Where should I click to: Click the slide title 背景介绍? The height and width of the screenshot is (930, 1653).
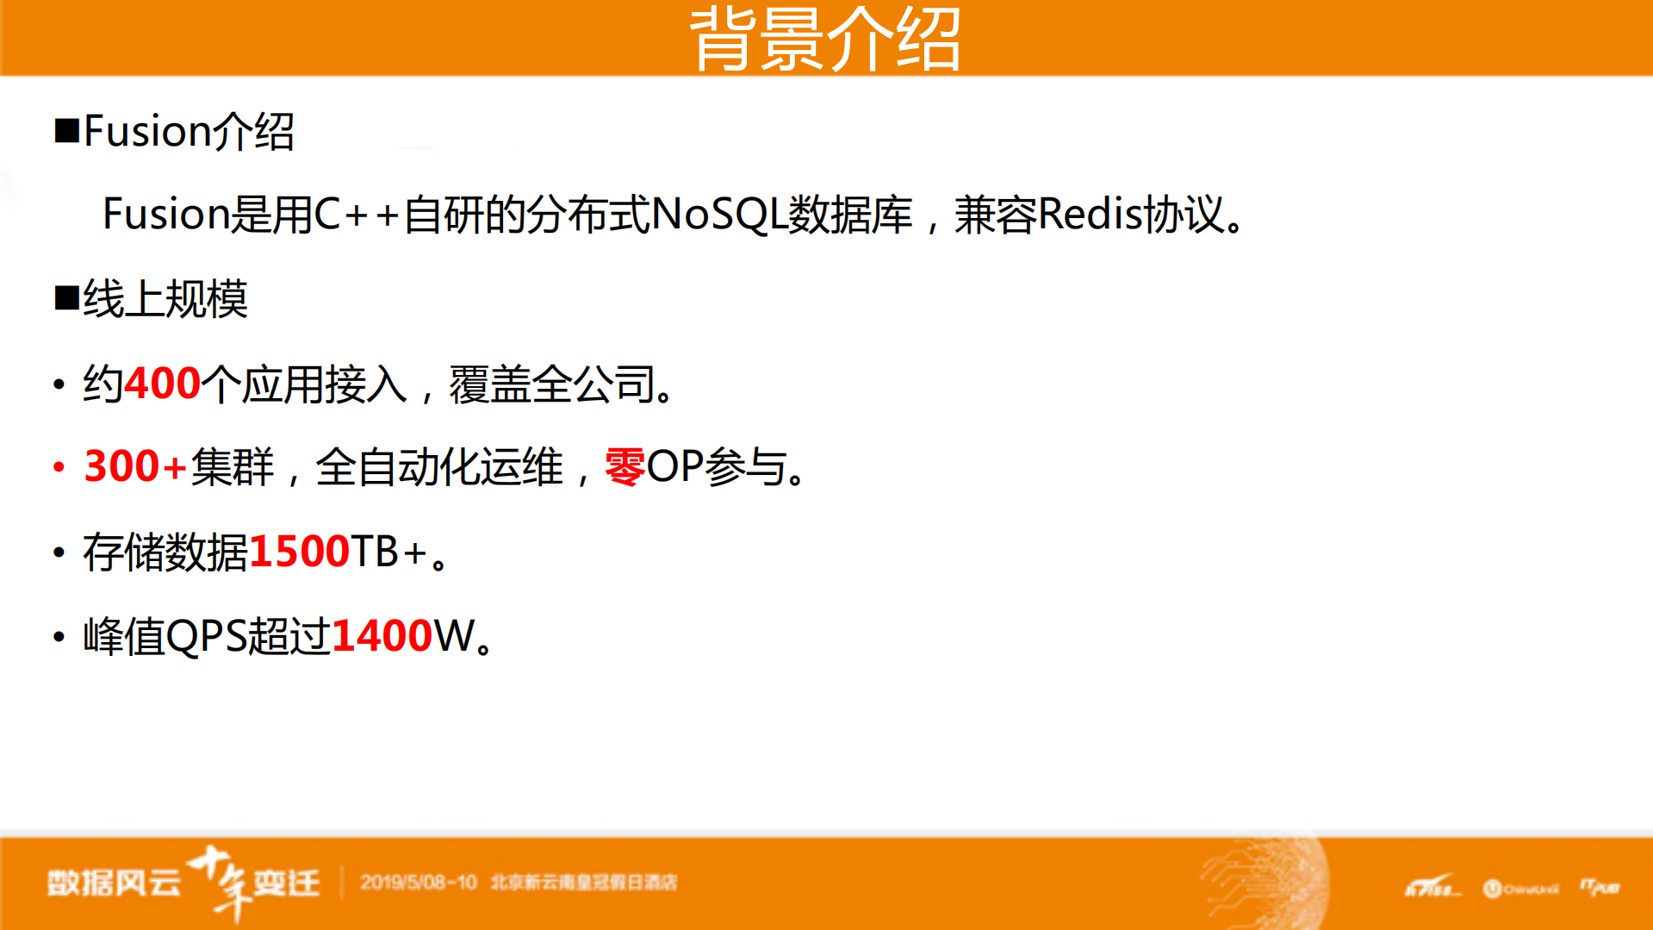(x=825, y=39)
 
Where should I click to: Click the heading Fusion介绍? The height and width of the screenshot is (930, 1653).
(x=189, y=132)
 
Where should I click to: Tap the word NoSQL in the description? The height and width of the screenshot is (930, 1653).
(x=719, y=215)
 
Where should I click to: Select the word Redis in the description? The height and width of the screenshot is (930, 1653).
(x=1091, y=215)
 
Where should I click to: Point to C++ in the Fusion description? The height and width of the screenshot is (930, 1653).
(x=357, y=215)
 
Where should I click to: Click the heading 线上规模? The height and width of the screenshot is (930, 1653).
(x=165, y=299)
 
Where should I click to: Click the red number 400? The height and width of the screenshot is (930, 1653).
(x=163, y=384)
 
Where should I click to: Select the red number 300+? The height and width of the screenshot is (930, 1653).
(x=135, y=467)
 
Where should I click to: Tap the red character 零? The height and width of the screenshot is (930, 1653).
(x=625, y=467)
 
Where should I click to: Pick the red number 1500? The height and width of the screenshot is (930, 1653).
(x=299, y=552)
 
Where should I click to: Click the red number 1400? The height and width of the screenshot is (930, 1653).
(x=382, y=636)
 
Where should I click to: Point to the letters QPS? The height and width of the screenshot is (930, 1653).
(x=206, y=636)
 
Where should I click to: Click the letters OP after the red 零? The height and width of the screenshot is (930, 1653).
(x=674, y=467)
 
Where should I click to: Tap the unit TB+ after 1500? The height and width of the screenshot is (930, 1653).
(x=388, y=552)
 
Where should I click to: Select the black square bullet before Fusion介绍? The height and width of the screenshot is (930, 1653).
(x=66, y=132)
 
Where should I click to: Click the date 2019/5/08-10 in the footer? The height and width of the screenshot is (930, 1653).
(x=419, y=883)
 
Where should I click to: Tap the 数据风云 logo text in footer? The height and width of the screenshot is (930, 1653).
(x=114, y=883)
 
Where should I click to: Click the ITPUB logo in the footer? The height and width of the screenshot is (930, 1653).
(x=1600, y=887)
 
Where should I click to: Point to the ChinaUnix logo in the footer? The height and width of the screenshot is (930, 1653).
(x=1521, y=889)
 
